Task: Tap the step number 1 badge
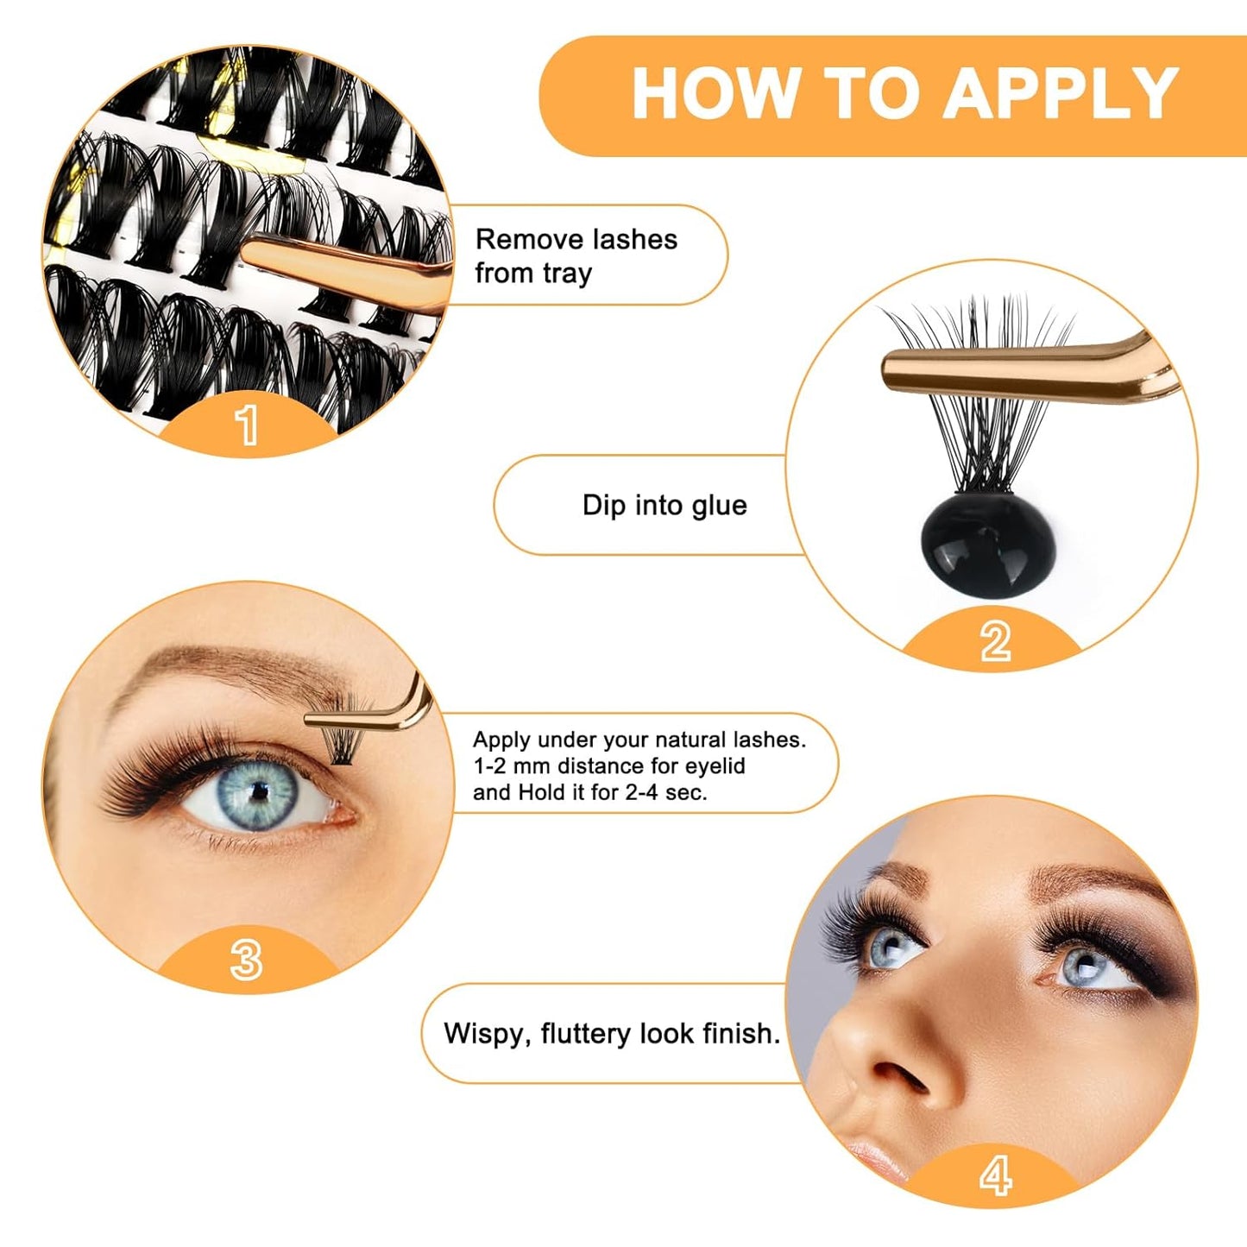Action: pyautogui.click(x=247, y=425)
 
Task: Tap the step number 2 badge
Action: pyautogui.click(x=995, y=641)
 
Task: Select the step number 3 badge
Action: pyautogui.click(x=247, y=959)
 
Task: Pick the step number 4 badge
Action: pyautogui.click(x=995, y=1175)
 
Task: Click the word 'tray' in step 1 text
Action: pyautogui.click(x=567, y=274)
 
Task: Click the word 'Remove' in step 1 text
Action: pyautogui.click(x=517, y=239)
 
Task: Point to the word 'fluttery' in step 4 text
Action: pyautogui.click(x=586, y=1034)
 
